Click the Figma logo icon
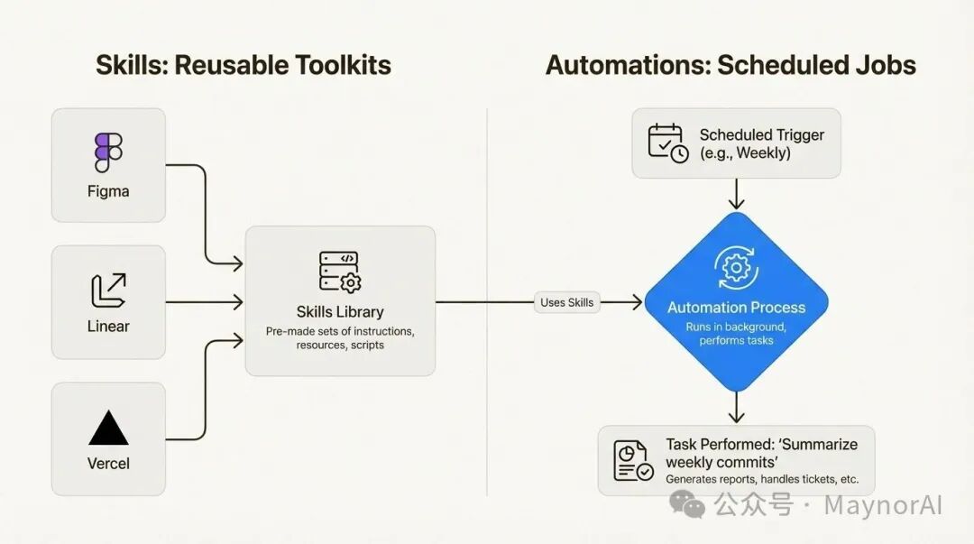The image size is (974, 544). click(x=108, y=152)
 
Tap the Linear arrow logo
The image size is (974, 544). click(x=108, y=290)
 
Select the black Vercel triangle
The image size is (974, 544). click(x=108, y=428)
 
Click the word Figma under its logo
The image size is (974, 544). click(x=108, y=191)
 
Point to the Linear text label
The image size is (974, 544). click(x=108, y=326)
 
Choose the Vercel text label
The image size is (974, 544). click(x=108, y=464)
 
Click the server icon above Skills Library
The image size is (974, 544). click(x=339, y=272)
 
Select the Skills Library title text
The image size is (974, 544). click(x=340, y=312)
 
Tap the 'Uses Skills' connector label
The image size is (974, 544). click(x=567, y=302)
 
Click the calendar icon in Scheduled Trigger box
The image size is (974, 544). click(x=668, y=143)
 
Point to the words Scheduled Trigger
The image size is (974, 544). click(x=762, y=135)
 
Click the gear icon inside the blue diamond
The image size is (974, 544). click(x=736, y=266)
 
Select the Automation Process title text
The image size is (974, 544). click(x=736, y=308)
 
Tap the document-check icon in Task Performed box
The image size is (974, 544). click(x=633, y=460)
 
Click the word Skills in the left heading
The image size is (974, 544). click(x=130, y=66)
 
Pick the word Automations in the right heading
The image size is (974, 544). click(x=621, y=66)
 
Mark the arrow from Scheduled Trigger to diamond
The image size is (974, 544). click(x=737, y=194)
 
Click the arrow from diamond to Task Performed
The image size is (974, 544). click(x=737, y=407)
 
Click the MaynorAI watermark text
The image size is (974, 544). click(x=883, y=505)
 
